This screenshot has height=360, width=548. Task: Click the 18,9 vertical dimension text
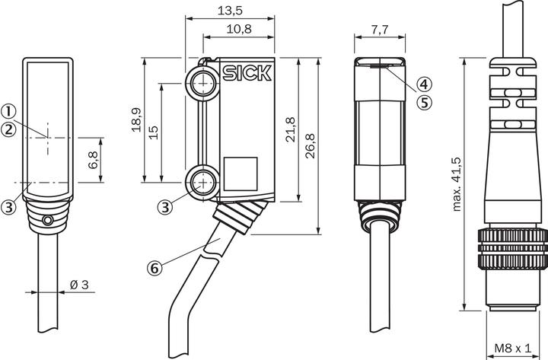(x=136, y=119)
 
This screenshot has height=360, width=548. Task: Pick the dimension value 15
(x=154, y=131)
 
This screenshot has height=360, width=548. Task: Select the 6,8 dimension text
(x=93, y=160)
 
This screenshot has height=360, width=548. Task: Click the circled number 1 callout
(x=9, y=111)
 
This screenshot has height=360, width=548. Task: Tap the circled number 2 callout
(x=9, y=129)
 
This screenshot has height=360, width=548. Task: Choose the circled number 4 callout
(x=424, y=84)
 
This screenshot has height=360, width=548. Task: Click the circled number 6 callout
(x=155, y=267)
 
